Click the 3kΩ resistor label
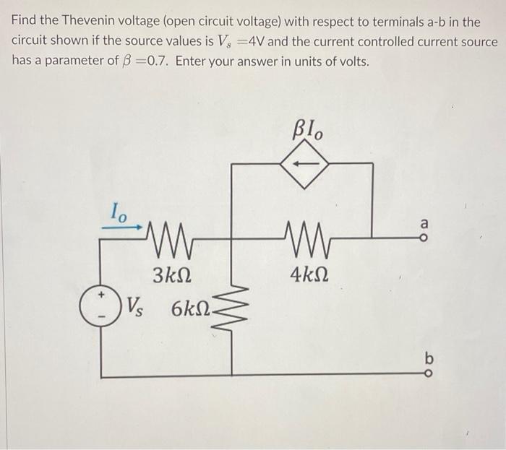(172, 274)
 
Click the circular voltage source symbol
(100, 305)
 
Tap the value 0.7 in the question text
(158, 61)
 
